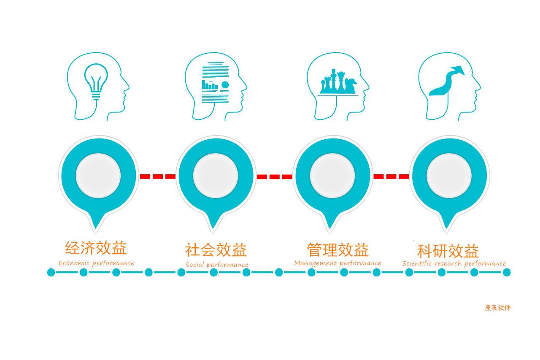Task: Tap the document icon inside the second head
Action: [215, 82]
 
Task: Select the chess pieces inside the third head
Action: [338, 81]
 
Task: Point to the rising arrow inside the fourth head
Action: [447, 81]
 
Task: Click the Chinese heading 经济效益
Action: [96, 248]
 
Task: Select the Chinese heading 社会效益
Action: [216, 250]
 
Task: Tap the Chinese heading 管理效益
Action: [338, 250]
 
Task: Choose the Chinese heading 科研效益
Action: [448, 251]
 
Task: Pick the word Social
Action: [194, 265]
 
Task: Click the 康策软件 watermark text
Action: [497, 308]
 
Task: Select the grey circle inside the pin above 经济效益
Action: [98, 176]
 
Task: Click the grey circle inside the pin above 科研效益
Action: [449, 176]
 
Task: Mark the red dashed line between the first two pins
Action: [158, 176]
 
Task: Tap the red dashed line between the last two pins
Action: [391, 176]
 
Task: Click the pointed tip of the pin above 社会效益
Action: [213, 233]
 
